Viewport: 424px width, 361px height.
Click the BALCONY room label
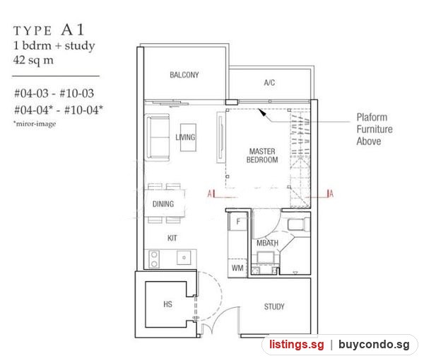coord(184,75)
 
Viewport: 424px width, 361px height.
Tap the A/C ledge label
coord(269,83)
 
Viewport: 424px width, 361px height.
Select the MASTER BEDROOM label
coord(262,156)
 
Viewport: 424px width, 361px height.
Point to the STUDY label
coord(274,306)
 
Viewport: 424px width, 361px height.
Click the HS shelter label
coord(167,304)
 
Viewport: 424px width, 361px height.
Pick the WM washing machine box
coord(237,268)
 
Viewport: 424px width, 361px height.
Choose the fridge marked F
coord(238,222)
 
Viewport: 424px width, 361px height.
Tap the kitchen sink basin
coord(184,257)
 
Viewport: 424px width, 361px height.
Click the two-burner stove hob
coord(154,259)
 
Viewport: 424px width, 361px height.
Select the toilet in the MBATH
coord(298,224)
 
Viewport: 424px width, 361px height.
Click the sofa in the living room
coord(158,137)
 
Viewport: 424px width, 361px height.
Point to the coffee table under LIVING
coord(188,137)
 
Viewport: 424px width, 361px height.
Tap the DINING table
coord(165,203)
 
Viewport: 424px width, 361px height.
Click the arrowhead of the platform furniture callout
coord(262,112)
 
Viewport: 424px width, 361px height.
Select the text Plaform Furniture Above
coord(375,129)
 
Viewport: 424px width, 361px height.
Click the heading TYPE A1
coord(49,30)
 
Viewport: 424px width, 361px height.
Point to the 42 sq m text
coord(33,60)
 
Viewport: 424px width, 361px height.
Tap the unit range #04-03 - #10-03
coord(54,93)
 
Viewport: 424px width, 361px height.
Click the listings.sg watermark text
coord(296,345)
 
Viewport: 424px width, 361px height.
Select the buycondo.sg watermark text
coord(374,345)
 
